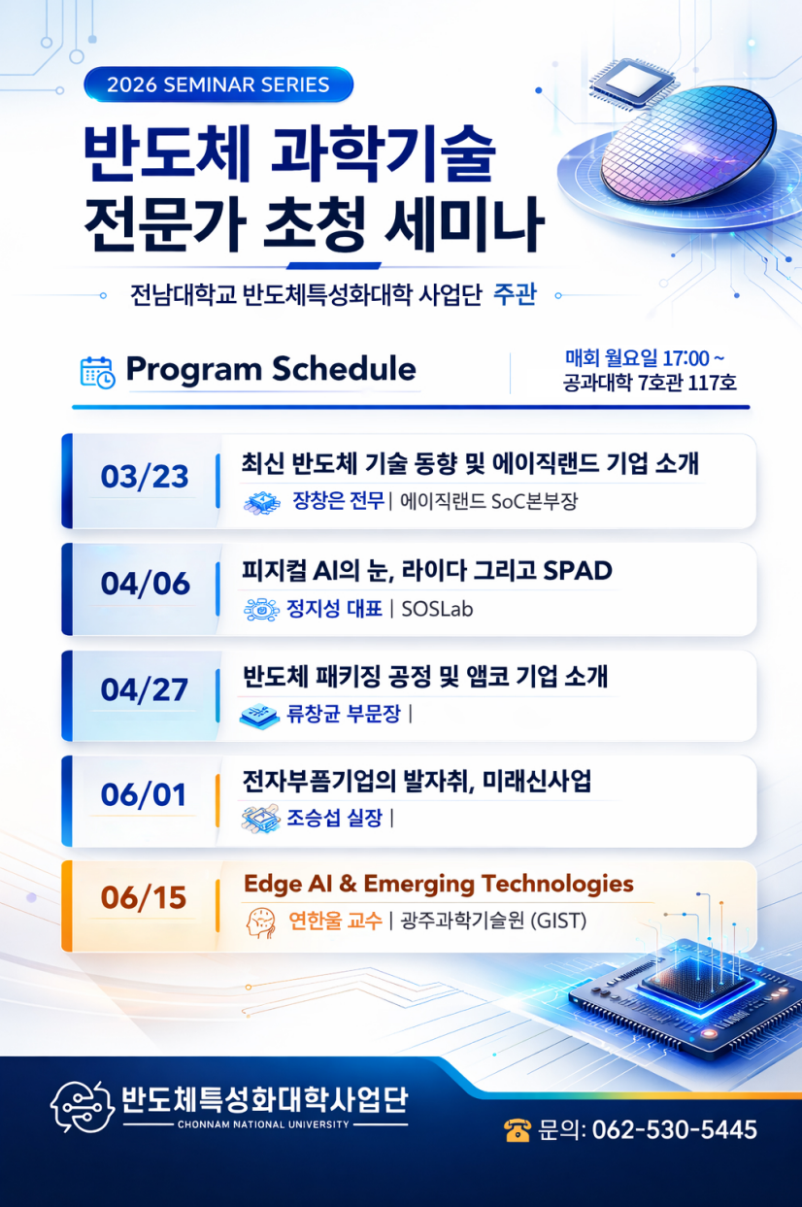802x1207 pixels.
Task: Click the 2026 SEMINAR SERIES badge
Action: pos(218,84)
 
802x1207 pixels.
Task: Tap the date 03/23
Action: pos(145,477)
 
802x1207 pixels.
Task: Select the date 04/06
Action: pos(145,584)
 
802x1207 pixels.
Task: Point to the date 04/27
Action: pos(145,689)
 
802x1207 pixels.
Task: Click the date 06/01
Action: pos(144,794)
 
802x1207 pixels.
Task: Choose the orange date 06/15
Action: pos(144,897)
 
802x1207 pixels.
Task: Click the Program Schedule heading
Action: pos(271,370)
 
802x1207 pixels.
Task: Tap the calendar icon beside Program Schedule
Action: pos(97,372)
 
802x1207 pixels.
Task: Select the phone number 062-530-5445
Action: pos(675,1130)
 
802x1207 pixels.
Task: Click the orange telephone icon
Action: pos(518,1130)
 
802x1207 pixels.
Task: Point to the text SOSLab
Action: pos(437,610)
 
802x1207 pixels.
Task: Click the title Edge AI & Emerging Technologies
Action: pos(439,885)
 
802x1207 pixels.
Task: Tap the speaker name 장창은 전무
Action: pos(338,501)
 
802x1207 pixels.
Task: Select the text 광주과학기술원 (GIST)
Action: pos(493,921)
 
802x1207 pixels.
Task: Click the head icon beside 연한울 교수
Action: pos(261,922)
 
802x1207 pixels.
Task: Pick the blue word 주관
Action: pos(515,295)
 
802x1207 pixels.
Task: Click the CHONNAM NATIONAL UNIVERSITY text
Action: pos(263,1124)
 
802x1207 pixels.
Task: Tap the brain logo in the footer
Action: pos(83,1107)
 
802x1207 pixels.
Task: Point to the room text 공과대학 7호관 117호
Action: pos(650,384)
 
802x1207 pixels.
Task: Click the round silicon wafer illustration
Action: pos(688,146)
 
